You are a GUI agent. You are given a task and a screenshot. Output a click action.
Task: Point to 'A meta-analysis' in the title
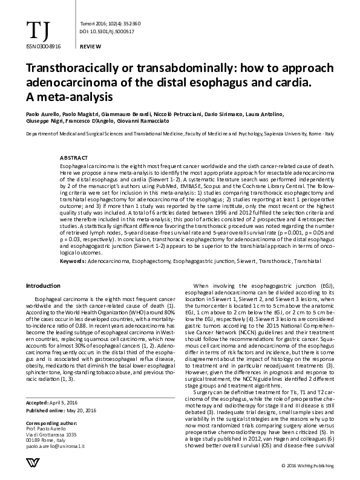pyautogui.click(x=70, y=96)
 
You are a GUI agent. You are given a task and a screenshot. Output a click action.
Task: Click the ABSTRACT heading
pyautogui.click(x=74, y=158)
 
